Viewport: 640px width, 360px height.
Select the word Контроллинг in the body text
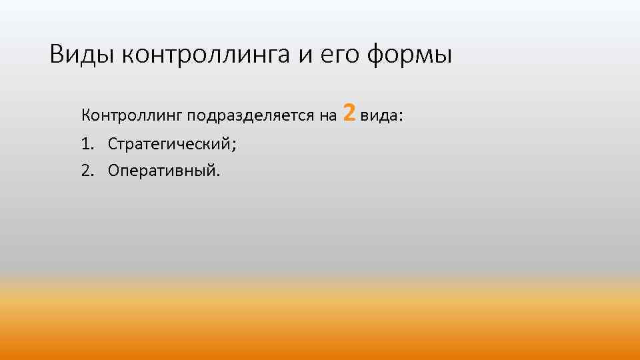[x=132, y=116]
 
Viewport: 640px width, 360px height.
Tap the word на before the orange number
[x=329, y=116]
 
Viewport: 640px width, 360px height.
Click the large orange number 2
[x=349, y=113]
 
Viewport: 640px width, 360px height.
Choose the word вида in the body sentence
[x=379, y=116]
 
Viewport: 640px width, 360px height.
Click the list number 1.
[x=87, y=143]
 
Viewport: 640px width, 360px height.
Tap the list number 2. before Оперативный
[x=87, y=171]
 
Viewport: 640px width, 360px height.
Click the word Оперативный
[x=161, y=171]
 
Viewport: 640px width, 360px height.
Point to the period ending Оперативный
[x=217, y=175]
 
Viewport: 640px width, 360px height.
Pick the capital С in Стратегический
[x=113, y=143]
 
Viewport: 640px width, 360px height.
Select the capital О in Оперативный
[x=113, y=171]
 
